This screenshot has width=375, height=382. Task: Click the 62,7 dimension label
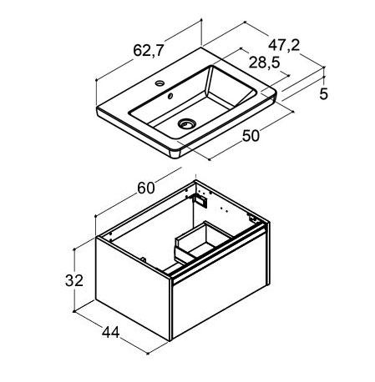coord(148,51)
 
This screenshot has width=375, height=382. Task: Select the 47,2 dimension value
coord(284,45)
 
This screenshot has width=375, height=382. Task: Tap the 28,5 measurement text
coord(264,63)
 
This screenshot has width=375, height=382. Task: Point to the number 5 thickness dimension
coord(324,94)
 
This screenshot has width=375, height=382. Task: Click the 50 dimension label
coord(251,136)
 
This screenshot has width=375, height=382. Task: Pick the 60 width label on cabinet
coord(146,188)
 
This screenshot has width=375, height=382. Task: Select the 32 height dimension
coord(74,280)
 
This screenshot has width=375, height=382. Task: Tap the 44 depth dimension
coord(110,332)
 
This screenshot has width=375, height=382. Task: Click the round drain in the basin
coord(187,123)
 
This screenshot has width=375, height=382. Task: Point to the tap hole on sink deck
coord(160,83)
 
